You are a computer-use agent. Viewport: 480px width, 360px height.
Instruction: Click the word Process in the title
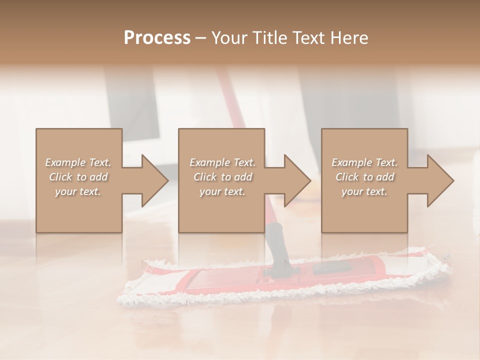tap(157, 38)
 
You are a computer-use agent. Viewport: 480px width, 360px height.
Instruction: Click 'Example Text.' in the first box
tap(78, 162)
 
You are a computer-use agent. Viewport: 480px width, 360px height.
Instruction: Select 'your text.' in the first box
tap(78, 192)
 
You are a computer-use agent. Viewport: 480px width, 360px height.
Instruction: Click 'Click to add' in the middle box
tap(222, 177)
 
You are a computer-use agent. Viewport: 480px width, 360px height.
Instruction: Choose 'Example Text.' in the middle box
tap(222, 162)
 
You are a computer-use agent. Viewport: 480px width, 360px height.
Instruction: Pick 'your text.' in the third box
tap(364, 192)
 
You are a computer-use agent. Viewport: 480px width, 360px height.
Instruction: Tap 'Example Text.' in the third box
tap(364, 162)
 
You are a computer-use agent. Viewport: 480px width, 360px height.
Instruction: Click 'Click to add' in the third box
tap(364, 177)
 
